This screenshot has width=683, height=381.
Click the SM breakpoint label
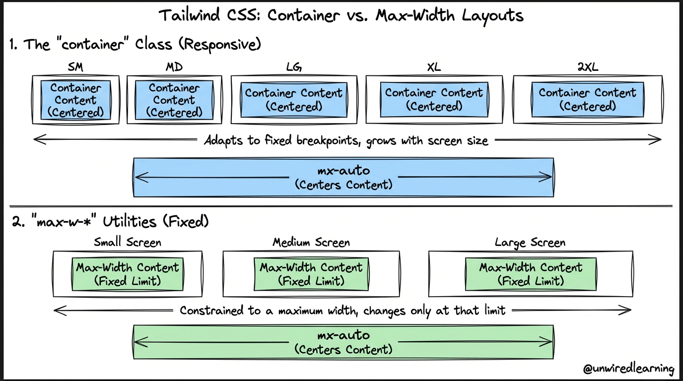(x=75, y=67)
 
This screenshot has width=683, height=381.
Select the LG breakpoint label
(x=293, y=67)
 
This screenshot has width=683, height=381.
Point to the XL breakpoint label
(x=434, y=67)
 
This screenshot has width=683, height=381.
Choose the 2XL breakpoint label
(x=588, y=67)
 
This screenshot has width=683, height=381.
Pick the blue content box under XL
(x=434, y=100)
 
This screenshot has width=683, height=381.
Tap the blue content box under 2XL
(x=588, y=100)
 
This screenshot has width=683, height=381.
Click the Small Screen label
(x=128, y=243)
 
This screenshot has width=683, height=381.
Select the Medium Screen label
(x=311, y=243)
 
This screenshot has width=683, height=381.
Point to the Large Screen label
(x=530, y=243)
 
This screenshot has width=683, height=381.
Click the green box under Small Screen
(x=128, y=274)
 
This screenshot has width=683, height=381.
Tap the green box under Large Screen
(x=530, y=274)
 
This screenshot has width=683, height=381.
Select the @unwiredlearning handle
(x=629, y=369)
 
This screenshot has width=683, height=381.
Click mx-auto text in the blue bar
(x=343, y=171)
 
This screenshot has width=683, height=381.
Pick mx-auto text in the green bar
(x=343, y=336)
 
